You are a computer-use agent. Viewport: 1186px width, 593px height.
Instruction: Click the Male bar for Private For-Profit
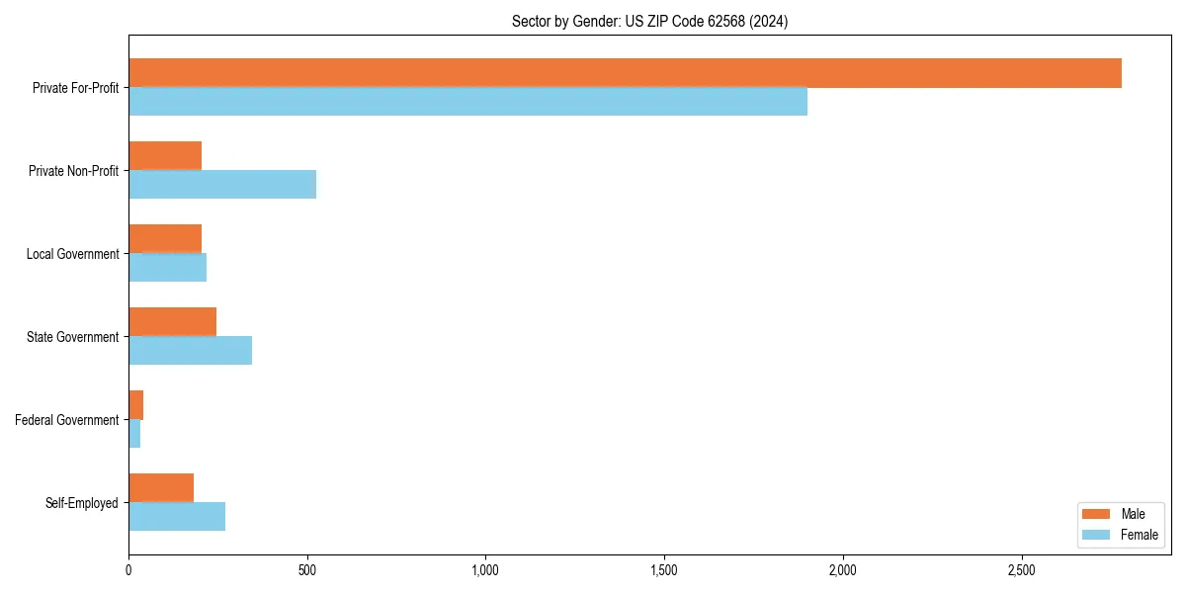click(x=625, y=73)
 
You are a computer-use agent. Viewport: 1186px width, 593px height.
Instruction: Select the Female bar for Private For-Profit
click(x=467, y=102)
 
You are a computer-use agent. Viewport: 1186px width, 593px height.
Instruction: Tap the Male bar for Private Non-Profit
click(x=165, y=156)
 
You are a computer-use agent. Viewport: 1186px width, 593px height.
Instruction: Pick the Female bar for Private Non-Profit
click(x=222, y=185)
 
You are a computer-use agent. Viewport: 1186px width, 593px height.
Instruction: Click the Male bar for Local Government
click(x=165, y=239)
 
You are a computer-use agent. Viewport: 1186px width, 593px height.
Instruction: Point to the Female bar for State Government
click(x=190, y=351)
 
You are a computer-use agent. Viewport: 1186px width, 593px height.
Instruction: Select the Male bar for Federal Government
click(x=136, y=405)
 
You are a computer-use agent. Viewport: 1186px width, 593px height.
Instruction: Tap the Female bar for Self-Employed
click(x=177, y=517)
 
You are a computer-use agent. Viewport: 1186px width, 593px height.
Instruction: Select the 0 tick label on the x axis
click(x=128, y=571)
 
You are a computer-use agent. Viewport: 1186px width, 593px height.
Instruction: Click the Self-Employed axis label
click(x=82, y=503)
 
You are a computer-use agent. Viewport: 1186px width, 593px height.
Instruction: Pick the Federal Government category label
click(x=67, y=420)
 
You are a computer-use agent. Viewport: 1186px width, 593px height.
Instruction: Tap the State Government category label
click(x=72, y=337)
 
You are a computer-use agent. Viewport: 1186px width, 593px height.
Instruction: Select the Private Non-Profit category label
click(x=73, y=171)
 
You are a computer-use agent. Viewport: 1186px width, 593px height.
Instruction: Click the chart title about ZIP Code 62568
click(x=649, y=21)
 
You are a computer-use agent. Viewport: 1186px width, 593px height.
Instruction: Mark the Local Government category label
click(x=72, y=254)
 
